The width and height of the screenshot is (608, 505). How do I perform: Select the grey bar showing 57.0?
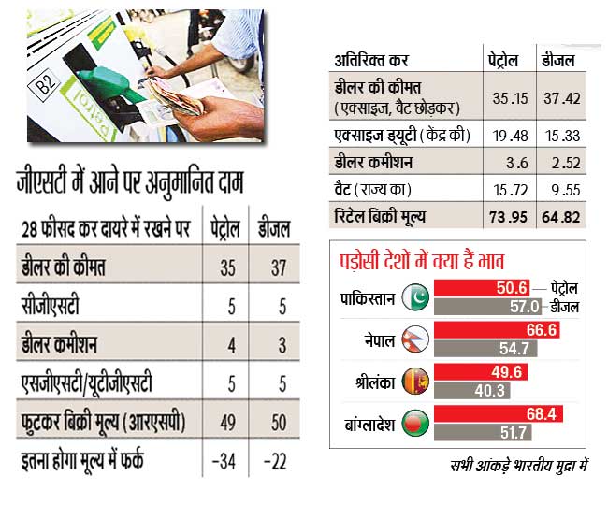click(491, 306)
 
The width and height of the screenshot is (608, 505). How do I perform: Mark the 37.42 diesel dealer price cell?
click(561, 97)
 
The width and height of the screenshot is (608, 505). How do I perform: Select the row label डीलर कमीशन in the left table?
click(62, 343)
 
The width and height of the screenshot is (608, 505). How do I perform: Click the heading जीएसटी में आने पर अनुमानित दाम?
click(129, 183)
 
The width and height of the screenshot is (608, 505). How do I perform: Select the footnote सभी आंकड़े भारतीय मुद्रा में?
click(512, 465)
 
